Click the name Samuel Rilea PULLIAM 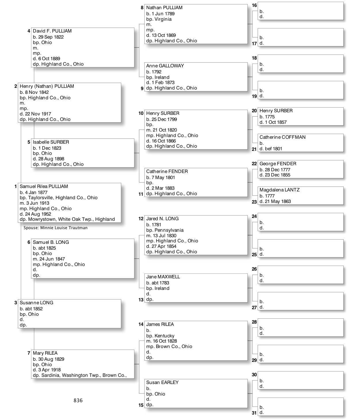[x=44, y=186]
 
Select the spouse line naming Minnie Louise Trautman [x=56, y=228]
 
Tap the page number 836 [x=78, y=400]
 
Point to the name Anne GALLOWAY [x=165, y=66]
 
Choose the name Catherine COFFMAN [x=282, y=137]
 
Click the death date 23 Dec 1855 [x=277, y=175]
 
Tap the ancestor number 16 [x=254, y=5]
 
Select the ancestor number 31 [x=254, y=413]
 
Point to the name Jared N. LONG [x=162, y=218]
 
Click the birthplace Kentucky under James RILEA [x=164, y=336]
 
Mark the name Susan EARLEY [x=162, y=382]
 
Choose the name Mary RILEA [x=45, y=353]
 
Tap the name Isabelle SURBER [x=51, y=142]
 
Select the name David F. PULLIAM [x=52, y=31]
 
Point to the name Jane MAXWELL [x=163, y=277]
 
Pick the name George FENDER [x=278, y=164]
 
